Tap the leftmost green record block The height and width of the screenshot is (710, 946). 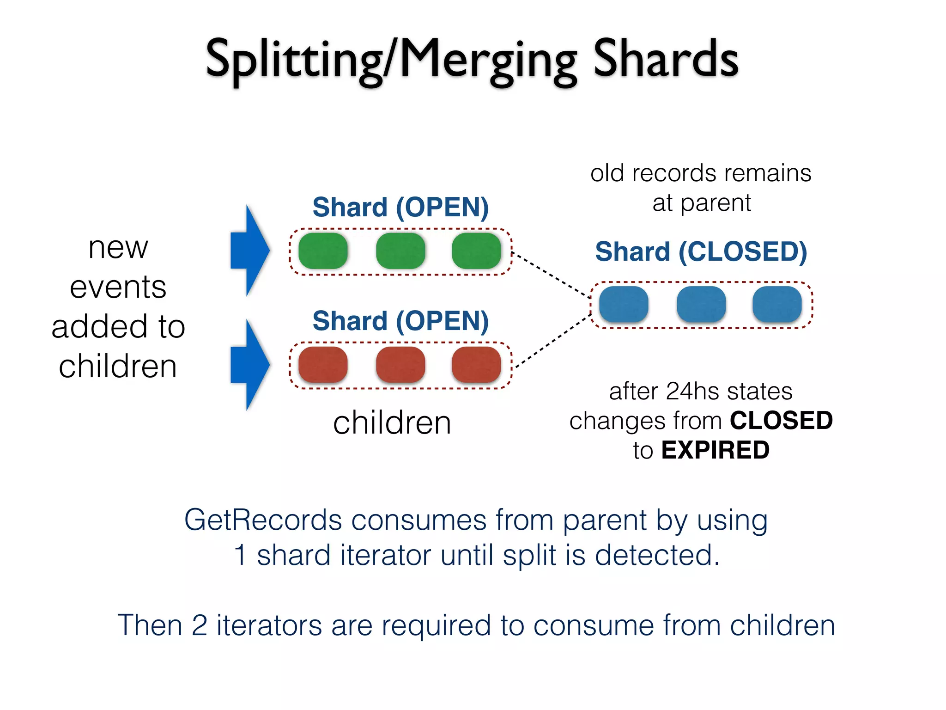coord(323,251)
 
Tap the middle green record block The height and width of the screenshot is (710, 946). coord(400,251)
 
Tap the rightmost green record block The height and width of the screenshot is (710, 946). coord(476,251)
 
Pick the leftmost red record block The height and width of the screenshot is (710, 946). coord(323,365)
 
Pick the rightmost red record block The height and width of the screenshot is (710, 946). coord(476,365)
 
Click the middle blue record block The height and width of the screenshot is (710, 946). coord(701,304)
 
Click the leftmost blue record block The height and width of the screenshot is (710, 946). coord(624,304)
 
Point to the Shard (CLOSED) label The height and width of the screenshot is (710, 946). coord(701,252)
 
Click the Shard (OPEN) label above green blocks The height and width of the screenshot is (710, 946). coord(400,207)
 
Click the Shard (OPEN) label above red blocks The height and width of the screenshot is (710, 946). coord(400,321)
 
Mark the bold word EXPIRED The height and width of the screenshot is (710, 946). coord(715,450)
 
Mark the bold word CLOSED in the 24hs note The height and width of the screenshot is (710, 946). coord(781,421)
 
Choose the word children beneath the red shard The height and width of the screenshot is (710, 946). coord(392,422)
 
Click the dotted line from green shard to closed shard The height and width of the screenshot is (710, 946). coord(551,274)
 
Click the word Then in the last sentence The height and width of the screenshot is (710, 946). coord(150,625)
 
